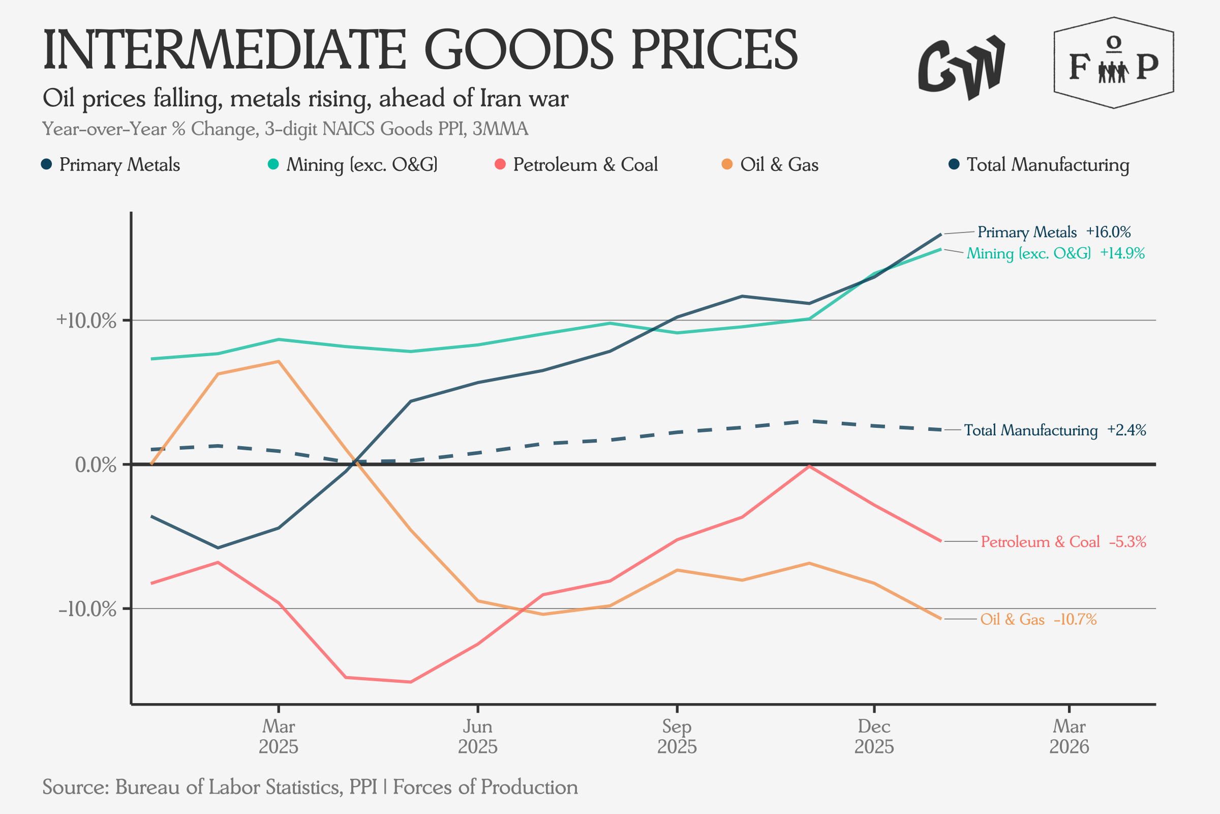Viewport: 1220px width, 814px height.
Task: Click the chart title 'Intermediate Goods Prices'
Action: (420, 50)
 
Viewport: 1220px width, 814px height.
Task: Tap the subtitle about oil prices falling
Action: (305, 98)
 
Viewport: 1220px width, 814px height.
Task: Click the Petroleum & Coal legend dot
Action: (500, 164)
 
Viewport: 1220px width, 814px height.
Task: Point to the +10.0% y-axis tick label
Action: (86, 321)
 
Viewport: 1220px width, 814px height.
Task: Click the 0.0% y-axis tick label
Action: (96, 464)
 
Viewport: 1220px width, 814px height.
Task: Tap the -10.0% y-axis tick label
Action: (87, 609)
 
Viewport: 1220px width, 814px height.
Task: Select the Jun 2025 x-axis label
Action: (477, 736)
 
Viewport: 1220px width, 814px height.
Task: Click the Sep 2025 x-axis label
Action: (677, 736)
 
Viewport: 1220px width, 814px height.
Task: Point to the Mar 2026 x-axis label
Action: (1069, 736)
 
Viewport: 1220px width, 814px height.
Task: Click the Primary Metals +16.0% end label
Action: (1053, 232)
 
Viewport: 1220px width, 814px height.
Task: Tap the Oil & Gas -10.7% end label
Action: (1038, 619)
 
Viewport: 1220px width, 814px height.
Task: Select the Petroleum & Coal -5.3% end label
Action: (1063, 542)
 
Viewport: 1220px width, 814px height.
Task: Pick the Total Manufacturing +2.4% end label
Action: (1054, 430)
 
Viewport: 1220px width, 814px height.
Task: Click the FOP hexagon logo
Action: (1114, 63)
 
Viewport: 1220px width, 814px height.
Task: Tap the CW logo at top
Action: (961, 68)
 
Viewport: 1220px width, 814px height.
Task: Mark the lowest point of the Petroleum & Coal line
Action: (411, 682)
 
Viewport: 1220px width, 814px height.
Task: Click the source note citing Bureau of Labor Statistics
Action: (310, 787)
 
